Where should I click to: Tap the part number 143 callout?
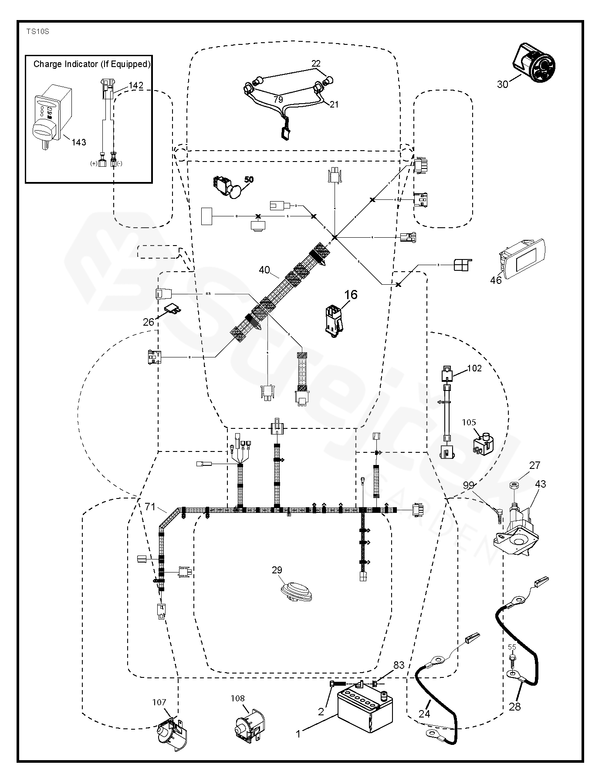pyautogui.click(x=79, y=142)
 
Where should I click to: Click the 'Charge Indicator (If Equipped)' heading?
pyautogui.click(x=92, y=64)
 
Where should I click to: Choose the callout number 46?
pyautogui.click(x=496, y=280)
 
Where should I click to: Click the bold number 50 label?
pyautogui.click(x=249, y=179)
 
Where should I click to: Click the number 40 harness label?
pyautogui.click(x=264, y=270)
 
